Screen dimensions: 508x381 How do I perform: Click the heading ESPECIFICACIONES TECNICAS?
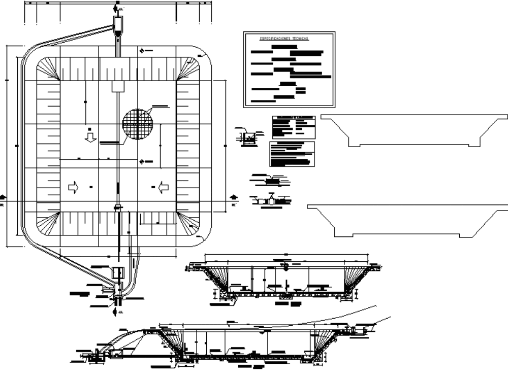[x=284, y=39]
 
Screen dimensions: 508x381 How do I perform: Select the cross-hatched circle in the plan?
[x=137, y=123]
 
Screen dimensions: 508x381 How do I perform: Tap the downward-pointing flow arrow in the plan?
[x=90, y=136]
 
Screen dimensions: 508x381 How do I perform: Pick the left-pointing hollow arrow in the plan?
[x=163, y=187]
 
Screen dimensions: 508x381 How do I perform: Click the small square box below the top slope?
[x=118, y=86]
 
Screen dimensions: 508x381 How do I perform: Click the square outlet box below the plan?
[x=117, y=272]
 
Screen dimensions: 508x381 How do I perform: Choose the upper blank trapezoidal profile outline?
[x=414, y=130]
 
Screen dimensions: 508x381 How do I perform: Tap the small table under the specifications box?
[x=294, y=127]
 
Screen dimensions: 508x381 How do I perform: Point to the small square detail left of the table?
[x=248, y=137]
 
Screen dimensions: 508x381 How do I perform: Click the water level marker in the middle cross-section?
[x=285, y=266]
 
